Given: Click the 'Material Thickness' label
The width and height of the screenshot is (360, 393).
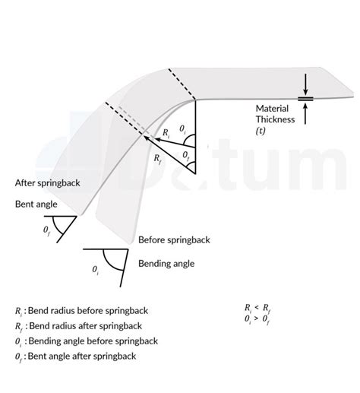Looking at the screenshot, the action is (x=275, y=114).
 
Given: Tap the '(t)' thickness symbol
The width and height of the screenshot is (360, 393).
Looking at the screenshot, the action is (x=261, y=131).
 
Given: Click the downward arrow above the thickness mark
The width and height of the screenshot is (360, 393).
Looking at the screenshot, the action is (x=305, y=84).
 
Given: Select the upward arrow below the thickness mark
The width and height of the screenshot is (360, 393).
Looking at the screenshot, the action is (x=305, y=113).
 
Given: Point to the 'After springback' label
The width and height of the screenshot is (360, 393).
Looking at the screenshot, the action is (x=48, y=183).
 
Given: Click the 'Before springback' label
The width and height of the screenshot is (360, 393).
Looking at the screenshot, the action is (x=174, y=239).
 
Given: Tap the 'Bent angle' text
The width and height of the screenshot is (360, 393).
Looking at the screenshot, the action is (x=36, y=204).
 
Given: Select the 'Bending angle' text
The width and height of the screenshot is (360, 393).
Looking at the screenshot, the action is (x=166, y=264).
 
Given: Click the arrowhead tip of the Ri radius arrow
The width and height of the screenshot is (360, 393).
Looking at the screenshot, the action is (x=154, y=139).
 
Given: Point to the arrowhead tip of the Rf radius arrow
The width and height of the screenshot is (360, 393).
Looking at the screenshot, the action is (x=144, y=136).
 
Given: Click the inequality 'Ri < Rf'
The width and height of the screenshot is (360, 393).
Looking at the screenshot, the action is (x=258, y=308).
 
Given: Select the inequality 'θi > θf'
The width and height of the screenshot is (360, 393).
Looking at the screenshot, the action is (x=257, y=319).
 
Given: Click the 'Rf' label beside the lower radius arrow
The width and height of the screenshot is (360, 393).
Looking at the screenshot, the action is (x=157, y=158).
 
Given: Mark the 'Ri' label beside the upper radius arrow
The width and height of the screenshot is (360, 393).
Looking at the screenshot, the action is (x=166, y=133).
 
